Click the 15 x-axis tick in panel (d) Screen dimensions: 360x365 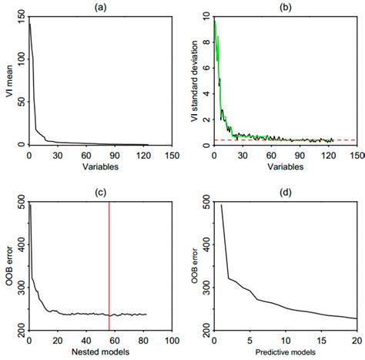[x=321, y=340]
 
